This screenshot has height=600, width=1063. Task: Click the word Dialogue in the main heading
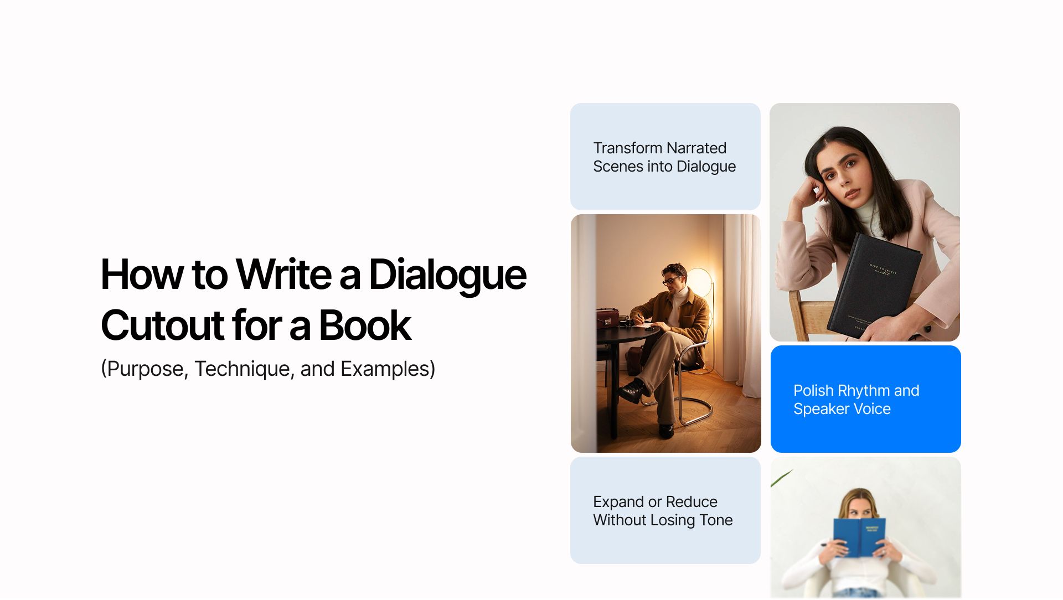447,275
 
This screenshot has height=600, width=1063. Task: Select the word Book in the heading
365,325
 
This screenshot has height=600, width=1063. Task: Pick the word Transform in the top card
627,148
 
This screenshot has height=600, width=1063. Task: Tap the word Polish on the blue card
813,391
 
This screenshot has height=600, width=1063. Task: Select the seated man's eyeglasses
671,281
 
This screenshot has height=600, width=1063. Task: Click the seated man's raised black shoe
631,391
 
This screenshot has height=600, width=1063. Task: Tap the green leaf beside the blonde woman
781,478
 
